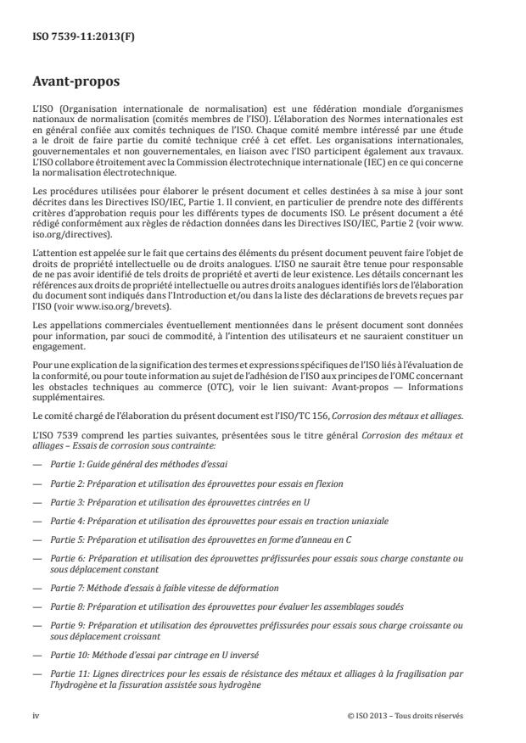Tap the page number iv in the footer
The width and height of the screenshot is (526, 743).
coord(36,715)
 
